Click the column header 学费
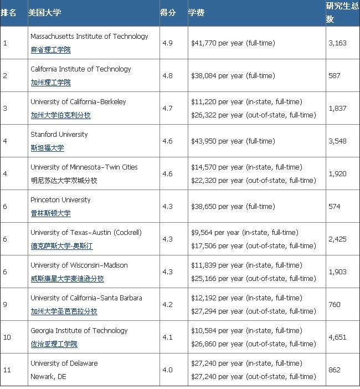coord(196,12)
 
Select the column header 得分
coord(168,12)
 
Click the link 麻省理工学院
coord(50,50)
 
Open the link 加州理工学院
coord(50,83)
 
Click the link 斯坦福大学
coord(47,148)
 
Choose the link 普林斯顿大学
coord(50,213)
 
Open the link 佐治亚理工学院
coord(54,344)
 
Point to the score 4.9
coord(167,43)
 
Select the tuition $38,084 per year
coord(232,75)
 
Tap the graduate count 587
coord(334,75)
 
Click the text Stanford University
coord(59,134)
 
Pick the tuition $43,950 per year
coord(232,141)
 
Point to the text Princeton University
coord(60,199)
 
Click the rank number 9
coord(5,304)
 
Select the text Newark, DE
coord(49,377)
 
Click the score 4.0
coord(167,370)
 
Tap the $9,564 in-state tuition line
coord(244,232)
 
